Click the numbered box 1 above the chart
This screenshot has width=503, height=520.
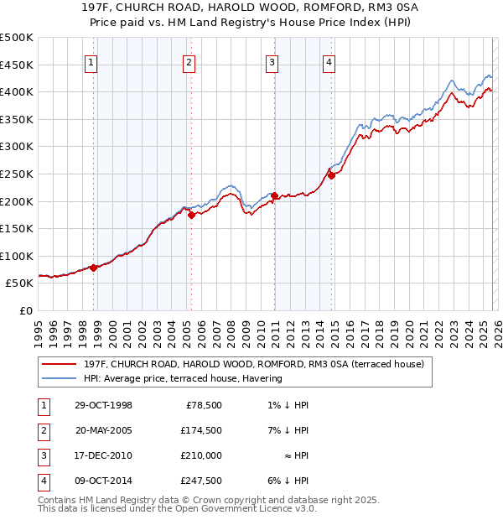click(91, 61)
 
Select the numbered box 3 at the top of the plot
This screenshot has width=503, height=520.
click(272, 61)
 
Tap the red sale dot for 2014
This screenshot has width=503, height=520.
click(331, 175)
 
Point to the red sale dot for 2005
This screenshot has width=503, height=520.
click(191, 215)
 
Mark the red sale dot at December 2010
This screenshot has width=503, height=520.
click(274, 195)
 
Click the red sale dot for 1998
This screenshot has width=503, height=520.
click(94, 268)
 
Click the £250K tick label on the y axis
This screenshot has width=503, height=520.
click(17, 174)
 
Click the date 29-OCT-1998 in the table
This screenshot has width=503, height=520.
click(104, 405)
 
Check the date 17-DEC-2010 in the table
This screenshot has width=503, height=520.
click(104, 455)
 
